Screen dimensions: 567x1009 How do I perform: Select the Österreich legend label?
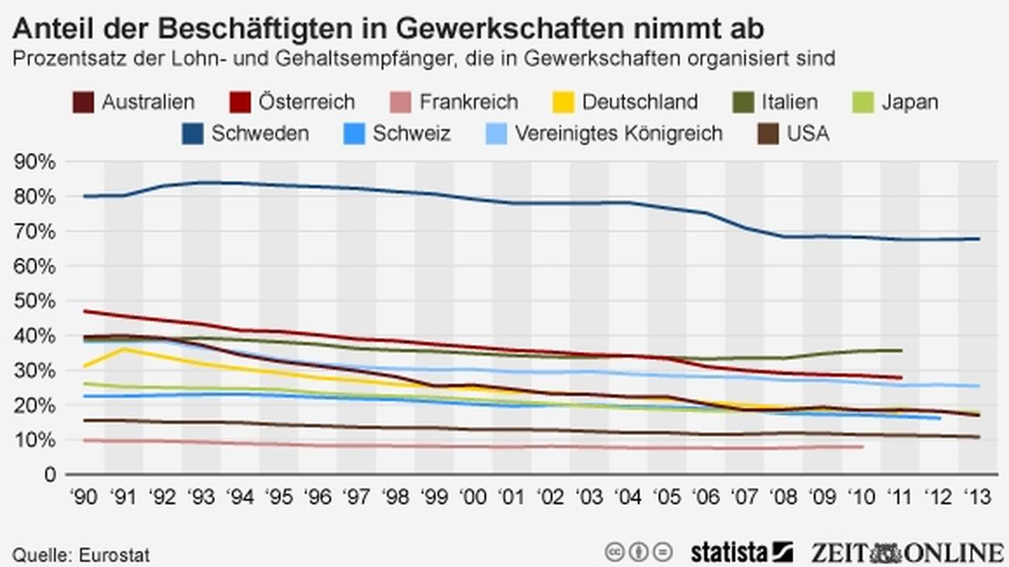coord(307,102)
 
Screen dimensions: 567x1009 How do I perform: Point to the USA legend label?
coord(808,133)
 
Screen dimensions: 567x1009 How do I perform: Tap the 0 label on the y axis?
coord(49,475)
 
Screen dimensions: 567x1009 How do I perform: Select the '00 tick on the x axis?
coord(472,498)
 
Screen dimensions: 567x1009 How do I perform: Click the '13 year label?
coord(976,498)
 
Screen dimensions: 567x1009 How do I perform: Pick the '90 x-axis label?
coord(84,498)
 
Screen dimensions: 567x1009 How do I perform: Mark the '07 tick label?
coord(744,498)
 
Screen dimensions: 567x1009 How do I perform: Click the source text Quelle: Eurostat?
coord(81,555)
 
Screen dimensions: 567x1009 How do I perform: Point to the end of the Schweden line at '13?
coord(977,239)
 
